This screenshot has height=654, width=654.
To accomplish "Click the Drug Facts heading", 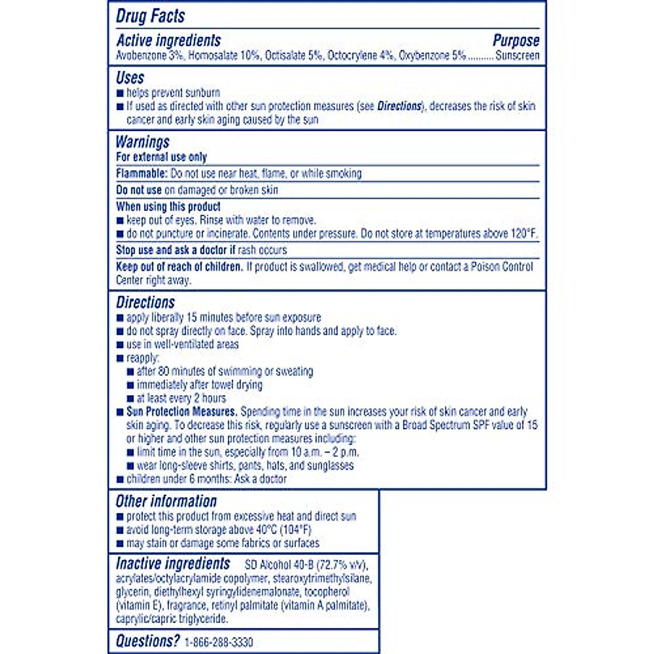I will point(150,16).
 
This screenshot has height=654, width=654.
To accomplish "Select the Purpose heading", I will point(516,40).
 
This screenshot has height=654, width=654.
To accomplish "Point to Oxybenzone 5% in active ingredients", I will point(432,56).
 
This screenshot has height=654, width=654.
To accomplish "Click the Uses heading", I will point(130,77).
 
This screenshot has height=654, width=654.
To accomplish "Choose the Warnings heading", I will point(142,142).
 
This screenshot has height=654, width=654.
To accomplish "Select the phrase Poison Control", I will point(502,267).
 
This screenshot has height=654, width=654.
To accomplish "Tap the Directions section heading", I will point(145,302).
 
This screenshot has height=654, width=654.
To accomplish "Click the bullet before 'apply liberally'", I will point(120,318).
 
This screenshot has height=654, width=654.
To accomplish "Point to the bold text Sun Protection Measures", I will point(181,412).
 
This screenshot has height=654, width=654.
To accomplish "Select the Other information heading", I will point(166,501).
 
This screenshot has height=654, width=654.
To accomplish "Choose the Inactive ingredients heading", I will point(173,564).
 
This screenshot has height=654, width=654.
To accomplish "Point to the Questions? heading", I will point(147,641).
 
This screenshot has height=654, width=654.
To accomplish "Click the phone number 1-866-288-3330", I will point(219,642).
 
